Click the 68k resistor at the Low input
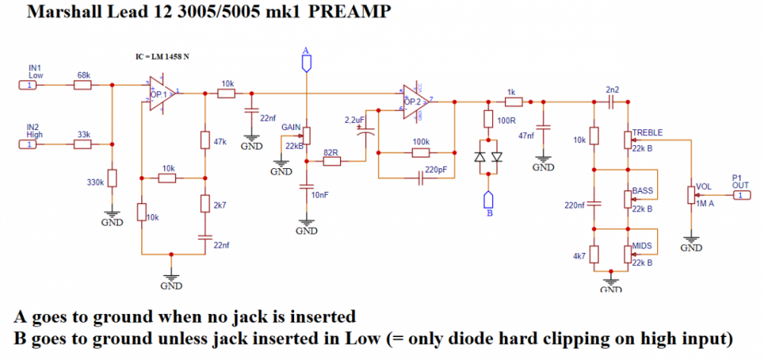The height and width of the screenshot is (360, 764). click(83, 85)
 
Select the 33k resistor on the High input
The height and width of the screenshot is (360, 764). click(83, 144)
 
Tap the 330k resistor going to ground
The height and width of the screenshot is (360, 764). click(112, 178)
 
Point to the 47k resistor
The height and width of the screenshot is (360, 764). click(205, 140)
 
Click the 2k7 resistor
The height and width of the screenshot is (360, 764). click(205, 203)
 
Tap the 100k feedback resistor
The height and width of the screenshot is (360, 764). click(419, 153)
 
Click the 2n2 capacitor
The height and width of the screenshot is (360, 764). click(612, 101)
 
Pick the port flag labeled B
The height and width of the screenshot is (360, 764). click(488, 200)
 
